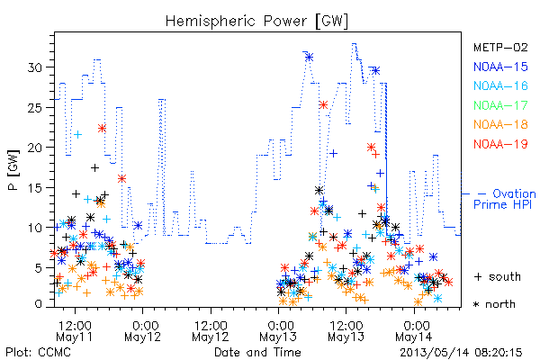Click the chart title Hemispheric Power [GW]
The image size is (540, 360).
coord(256,22)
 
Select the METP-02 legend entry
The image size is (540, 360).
coord(500,47)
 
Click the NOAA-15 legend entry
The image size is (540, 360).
coord(500,67)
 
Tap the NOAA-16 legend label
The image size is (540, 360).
coord(500,85)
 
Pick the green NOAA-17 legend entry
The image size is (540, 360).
coord(500,105)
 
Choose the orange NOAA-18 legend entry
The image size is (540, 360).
coord(500,124)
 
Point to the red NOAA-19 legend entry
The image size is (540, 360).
coord(500,144)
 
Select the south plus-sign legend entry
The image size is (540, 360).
coord(498,276)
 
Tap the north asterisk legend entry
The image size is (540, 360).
coord(494,304)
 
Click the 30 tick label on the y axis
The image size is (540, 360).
coord(35,67)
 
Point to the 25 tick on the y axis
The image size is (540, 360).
coord(35,107)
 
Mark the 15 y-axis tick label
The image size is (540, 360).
coord(35,188)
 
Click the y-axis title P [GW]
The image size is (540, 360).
coord(13,170)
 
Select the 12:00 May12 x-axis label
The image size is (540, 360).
coord(211,331)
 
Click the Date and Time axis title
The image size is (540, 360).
coord(257,353)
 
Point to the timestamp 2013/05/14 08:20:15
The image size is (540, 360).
coord(461,353)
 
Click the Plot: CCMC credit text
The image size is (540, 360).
coord(38,353)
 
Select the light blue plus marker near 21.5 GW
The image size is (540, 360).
coord(78,134)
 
